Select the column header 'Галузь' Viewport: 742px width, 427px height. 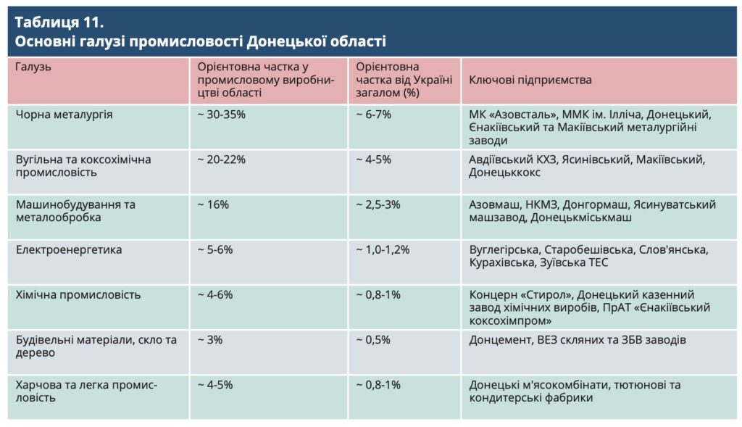pyautogui.click(x=34, y=67)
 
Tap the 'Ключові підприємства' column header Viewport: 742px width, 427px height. pyautogui.click(x=530, y=80)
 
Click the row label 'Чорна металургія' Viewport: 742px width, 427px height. pyautogui.click(x=64, y=115)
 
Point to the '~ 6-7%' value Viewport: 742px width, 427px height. pyautogui.click(x=374, y=115)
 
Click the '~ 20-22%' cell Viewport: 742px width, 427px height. pyautogui.click(x=222, y=159)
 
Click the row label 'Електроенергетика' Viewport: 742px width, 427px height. pyautogui.click(x=69, y=250)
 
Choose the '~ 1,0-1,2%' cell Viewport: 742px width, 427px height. pyautogui.click(x=383, y=250)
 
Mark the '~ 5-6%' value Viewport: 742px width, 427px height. pyautogui.click(x=215, y=250)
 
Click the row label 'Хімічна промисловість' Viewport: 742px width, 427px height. pyautogui.click(x=78, y=295)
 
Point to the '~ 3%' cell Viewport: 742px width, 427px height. pyautogui.click(x=210, y=340)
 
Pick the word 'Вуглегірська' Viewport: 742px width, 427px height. pyautogui.click(x=504, y=250)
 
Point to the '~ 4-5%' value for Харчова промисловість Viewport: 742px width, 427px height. pyautogui.click(x=215, y=385)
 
